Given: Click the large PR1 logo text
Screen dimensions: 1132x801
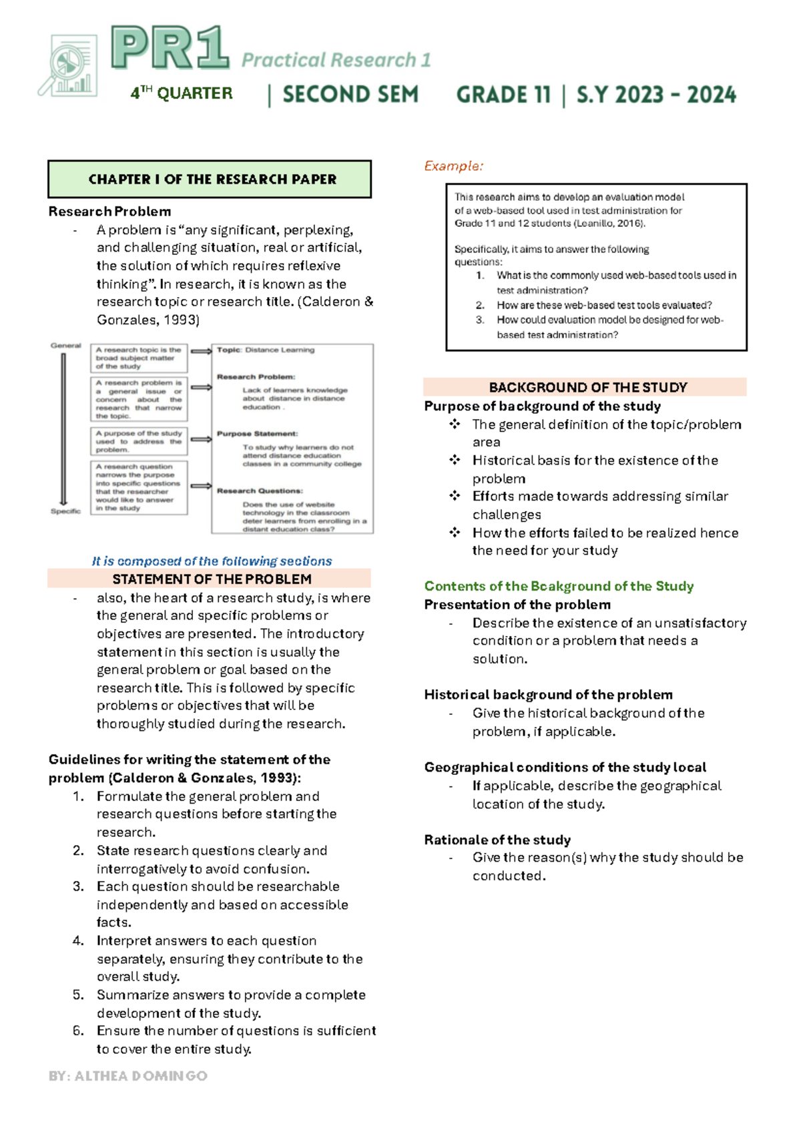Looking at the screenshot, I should coord(170,48).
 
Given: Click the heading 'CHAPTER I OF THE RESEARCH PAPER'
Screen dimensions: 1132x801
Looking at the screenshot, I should coord(212,179).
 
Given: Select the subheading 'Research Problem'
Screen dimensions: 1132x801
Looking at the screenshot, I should coord(109,212).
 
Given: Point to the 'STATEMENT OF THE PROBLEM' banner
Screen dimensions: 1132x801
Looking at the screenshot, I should coord(211,579).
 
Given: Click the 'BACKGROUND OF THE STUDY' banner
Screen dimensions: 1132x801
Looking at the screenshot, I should coord(587,387).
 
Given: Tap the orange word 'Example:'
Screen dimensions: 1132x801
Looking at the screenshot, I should coord(453,166).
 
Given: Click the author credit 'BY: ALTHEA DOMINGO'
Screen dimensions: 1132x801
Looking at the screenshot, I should coord(127,1076).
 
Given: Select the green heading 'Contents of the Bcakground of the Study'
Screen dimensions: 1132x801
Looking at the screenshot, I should coord(559,586).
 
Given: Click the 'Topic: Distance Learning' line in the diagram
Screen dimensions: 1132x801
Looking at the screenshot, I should coord(265,350).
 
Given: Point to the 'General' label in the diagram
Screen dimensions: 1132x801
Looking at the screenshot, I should coord(65,346).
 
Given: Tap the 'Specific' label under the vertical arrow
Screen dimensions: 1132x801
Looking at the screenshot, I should coord(65,511).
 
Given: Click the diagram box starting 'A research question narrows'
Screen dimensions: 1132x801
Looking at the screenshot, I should coord(139,487).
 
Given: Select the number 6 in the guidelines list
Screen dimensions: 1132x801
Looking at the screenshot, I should coord(78,1031).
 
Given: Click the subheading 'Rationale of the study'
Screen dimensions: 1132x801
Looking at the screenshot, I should coord(497,840).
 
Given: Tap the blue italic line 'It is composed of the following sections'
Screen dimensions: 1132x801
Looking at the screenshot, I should coord(212,561).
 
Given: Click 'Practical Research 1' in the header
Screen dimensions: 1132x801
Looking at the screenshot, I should coord(336,60).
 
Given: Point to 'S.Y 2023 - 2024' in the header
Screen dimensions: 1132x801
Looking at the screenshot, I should coord(656,95).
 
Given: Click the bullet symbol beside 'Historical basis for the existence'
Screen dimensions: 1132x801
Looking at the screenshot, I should coord(455,460).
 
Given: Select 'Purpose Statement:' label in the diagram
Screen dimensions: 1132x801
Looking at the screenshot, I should coord(257,434).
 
